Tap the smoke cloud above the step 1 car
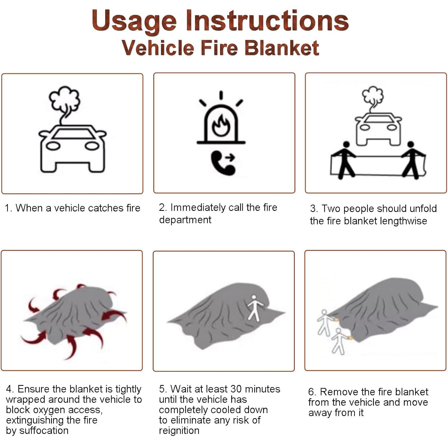65,98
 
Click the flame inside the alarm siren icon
221,126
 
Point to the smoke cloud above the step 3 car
373,95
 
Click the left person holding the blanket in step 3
345,160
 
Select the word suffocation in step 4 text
44,430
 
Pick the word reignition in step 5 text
179,431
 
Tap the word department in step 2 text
185,220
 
